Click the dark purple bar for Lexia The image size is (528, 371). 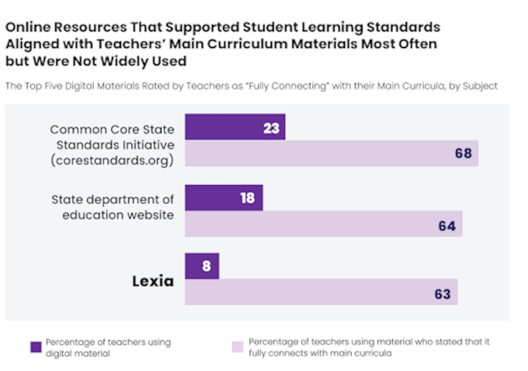tap(202, 266)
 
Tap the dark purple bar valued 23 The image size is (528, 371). tap(235, 127)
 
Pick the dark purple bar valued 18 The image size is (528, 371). tap(224, 197)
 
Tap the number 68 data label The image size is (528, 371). tap(464, 154)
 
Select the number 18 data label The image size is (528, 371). tap(247, 197)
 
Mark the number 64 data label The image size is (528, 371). tap(447, 225)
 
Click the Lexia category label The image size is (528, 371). tap(153, 281)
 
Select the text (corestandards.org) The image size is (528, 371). tap(112, 160)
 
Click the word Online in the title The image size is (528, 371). tap(27, 27)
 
